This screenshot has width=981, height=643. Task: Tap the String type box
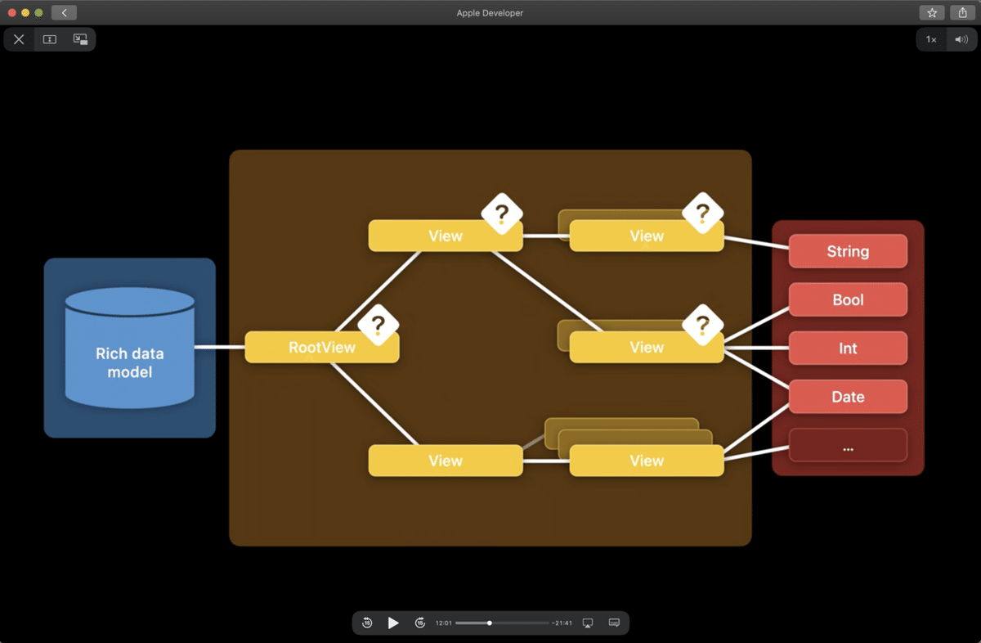click(848, 251)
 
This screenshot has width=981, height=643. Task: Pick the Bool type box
click(848, 299)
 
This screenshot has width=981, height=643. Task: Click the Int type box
click(848, 348)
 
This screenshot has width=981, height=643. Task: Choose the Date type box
click(848, 397)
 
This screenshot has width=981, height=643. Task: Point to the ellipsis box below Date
click(848, 446)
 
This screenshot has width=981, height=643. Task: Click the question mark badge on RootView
click(378, 325)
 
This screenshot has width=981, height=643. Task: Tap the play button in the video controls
click(393, 623)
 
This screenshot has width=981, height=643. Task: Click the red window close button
click(12, 13)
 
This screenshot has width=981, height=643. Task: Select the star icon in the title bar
click(932, 13)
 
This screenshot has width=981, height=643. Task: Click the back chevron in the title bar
click(64, 13)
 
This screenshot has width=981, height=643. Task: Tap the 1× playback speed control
click(931, 39)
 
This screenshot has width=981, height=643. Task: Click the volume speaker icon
click(961, 39)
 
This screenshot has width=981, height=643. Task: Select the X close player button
click(19, 39)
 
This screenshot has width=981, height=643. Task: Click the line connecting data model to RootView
click(219, 347)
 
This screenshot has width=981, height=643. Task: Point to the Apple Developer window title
click(490, 13)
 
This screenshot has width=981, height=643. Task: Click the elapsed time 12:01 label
click(443, 623)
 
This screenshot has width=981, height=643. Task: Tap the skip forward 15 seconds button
click(420, 623)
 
